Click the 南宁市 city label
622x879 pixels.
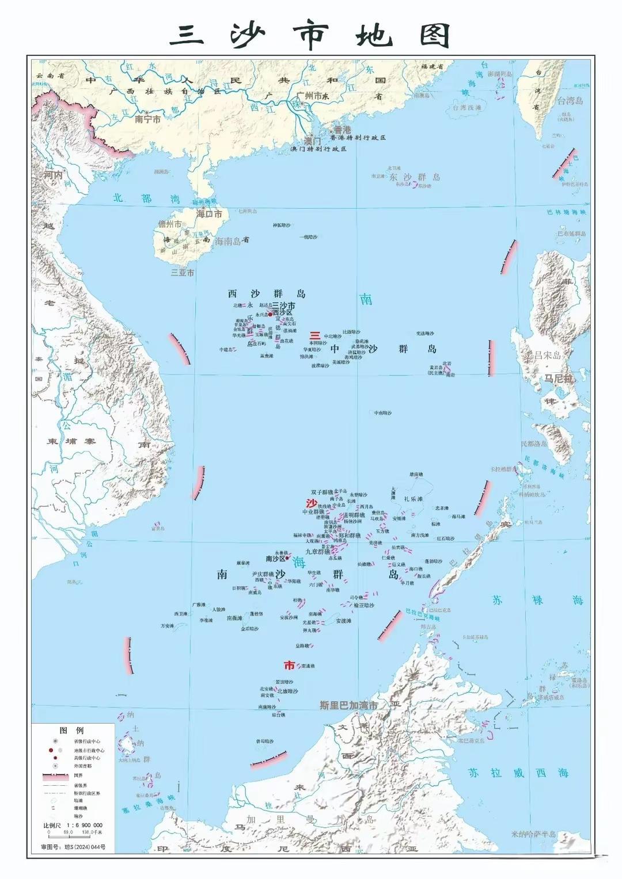coord(147,120)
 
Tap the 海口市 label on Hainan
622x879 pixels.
coord(209,213)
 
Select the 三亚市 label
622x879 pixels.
coord(183,273)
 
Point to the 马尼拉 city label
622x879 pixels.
coord(559,379)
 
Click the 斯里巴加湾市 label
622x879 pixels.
coord(349,705)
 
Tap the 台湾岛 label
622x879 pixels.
coord(570,101)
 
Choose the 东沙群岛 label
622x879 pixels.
coord(414,177)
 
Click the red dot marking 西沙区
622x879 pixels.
coord(271,314)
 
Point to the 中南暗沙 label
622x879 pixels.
coord(382,412)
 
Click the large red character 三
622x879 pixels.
coord(315,335)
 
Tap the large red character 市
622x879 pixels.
coord(289,666)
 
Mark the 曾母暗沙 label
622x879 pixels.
coord(265,742)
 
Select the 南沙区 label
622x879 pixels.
coord(275,558)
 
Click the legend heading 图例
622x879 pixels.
coord(72,730)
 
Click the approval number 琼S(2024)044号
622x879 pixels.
coord(73,847)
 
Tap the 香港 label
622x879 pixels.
coord(342,130)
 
